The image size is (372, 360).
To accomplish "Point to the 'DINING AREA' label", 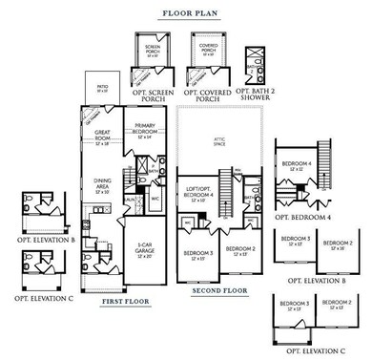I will click(104, 183).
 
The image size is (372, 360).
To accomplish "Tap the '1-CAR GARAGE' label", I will click(145, 251).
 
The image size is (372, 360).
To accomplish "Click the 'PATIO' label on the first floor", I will click(102, 87).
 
